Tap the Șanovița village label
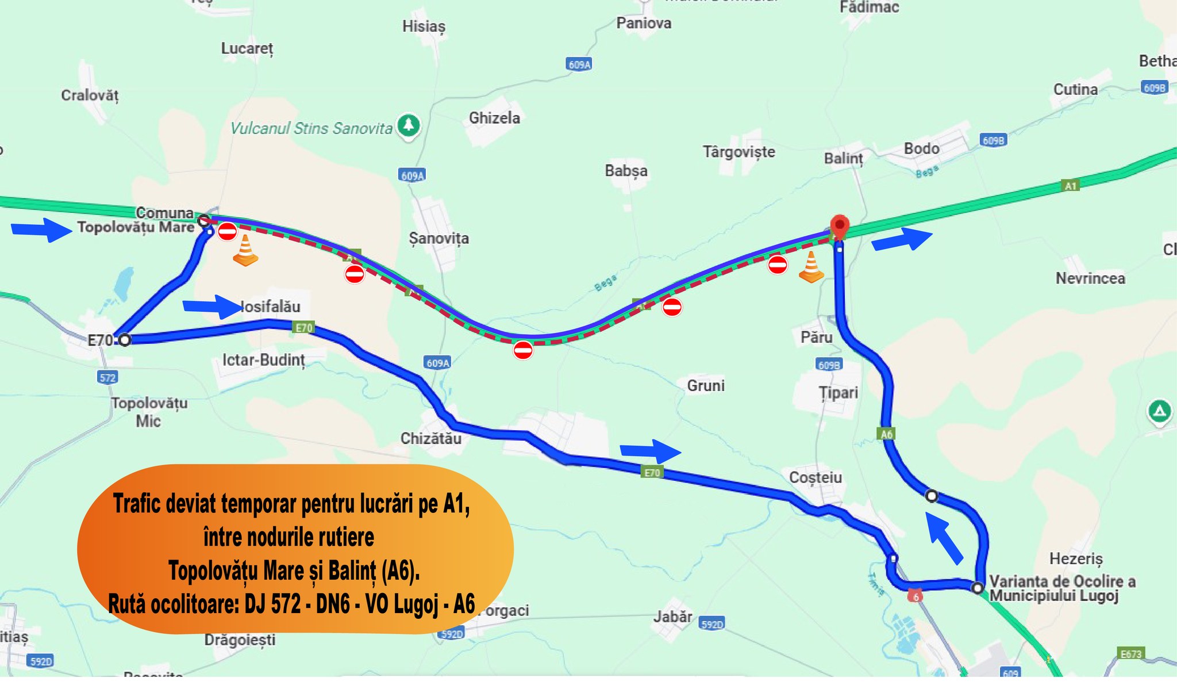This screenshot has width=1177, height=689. pyautogui.click(x=439, y=238)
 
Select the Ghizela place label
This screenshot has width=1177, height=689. pyautogui.click(x=494, y=118)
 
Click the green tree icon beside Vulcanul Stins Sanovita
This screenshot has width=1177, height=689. pyautogui.click(x=409, y=125)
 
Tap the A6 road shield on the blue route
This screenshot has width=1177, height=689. pyautogui.click(x=887, y=434)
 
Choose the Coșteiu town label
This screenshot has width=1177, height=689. pyautogui.click(x=815, y=477)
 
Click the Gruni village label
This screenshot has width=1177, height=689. pyautogui.click(x=706, y=385)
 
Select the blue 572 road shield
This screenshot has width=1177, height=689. pyautogui.click(x=107, y=377)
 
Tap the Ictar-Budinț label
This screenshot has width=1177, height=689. pyautogui.click(x=264, y=360)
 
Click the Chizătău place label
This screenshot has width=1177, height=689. pyautogui.click(x=430, y=438)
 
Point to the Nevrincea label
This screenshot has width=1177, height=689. pyautogui.click(x=1090, y=278)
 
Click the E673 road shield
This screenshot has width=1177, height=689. pyautogui.click(x=1130, y=654)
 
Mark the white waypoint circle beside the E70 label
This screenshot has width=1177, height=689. pyautogui.click(x=125, y=340)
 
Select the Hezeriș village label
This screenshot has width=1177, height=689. pyautogui.click(x=1076, y=558)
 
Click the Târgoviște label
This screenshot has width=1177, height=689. pyautogui.click(x=738, y=152)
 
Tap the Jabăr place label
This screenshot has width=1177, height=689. pyautogui.click(x=672, y=617)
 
